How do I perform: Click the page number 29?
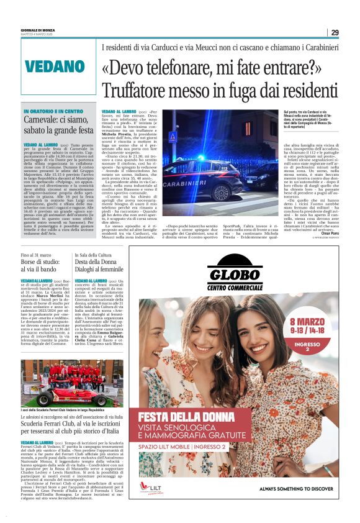click(x=335, y=32)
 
